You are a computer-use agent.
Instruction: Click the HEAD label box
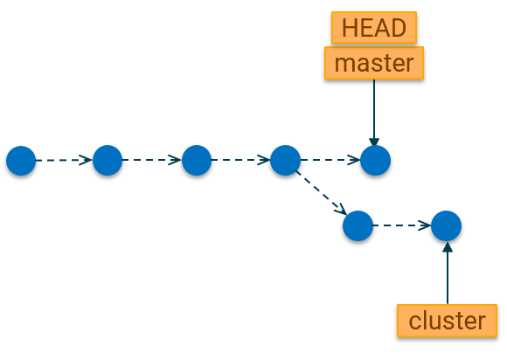(374, 28)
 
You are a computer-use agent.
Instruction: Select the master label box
(374, 63)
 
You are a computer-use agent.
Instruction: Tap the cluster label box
(448, 321)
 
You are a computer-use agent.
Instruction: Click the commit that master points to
(375, 160)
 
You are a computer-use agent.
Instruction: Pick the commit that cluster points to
(446, 225)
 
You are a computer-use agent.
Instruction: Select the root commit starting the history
(21, 161)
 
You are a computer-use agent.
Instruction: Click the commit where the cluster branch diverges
(285, 160)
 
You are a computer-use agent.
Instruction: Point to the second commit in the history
(108, 160)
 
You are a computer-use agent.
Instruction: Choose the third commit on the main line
(197, 160)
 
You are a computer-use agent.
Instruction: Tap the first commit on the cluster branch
(358, 225)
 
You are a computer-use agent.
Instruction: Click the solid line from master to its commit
(374, 113)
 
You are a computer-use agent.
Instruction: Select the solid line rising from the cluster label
(448, 273)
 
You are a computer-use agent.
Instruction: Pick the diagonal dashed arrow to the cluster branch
(321, 192)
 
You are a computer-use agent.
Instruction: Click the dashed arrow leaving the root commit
(64, 160)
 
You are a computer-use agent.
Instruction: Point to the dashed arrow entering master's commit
(330, 160)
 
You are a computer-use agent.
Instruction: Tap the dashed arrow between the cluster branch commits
(402, 225)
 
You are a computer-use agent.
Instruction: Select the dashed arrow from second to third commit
(152, 160)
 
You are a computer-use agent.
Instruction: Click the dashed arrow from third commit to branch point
(241, 160)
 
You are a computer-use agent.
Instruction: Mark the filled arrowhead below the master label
(374, 142)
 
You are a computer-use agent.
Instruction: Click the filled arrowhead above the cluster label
(448, 246)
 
